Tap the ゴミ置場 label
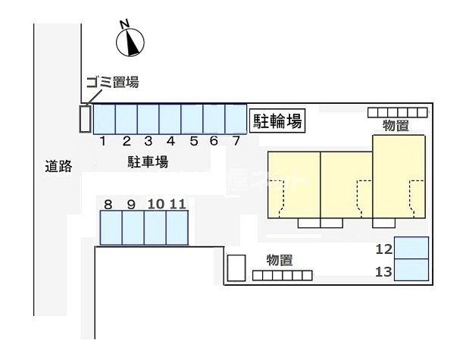[x=113, y=82]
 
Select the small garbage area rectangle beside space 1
[x=85, y=119]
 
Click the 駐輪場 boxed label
[x=277, y=121]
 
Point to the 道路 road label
[x=58, y=166]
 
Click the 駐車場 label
[x=148, y=162]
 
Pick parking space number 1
[x=105, y=119]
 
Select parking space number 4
[x=170, y=119]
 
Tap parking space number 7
[x=236, y=119]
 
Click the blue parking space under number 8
[x=111, y=227]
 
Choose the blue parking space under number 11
[x=177, y=227]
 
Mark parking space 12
[x=411, y=248]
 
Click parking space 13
[x=411, y=270]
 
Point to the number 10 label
[x=156, y=204]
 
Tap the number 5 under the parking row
[x=194, y=141]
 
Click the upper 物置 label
[x=396, y=125]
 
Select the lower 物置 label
[x=280, y=260]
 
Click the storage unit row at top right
[x=398, y=112]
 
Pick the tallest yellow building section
[x=399, y=177]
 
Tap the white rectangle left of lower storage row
[x=236, y=268]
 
